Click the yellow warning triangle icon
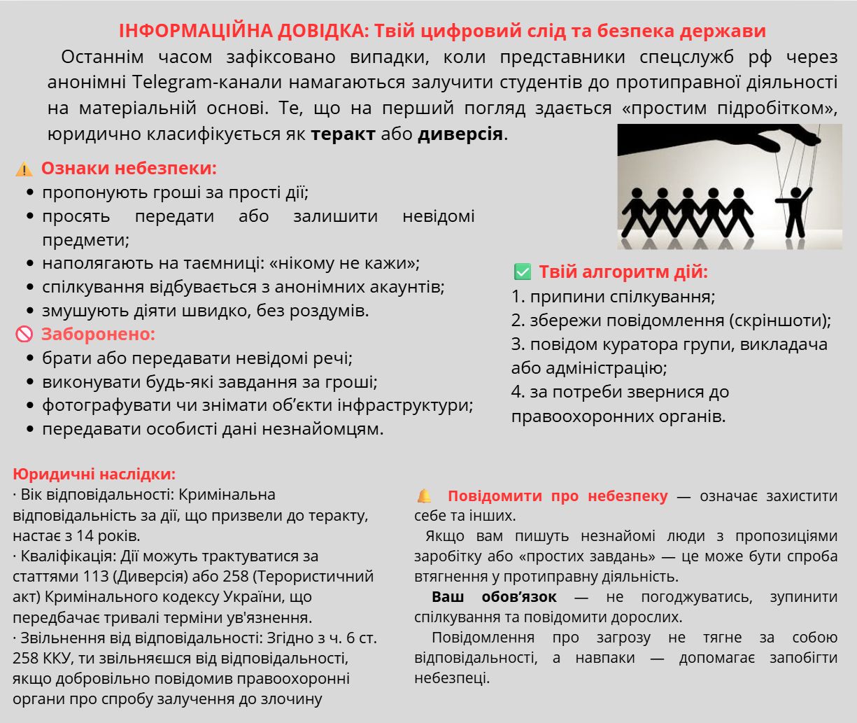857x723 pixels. (24, 169)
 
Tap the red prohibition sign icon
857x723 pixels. (24, 335)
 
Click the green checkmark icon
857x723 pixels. (522, 272)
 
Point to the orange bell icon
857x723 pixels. (424, 496)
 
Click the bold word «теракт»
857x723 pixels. (343, 134)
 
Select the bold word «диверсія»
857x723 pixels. (460, 134)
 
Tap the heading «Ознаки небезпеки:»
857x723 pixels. (129, 169)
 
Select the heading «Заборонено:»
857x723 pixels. (98, 334)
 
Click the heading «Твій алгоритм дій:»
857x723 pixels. (623, 272)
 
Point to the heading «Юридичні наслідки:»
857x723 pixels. (94, 474)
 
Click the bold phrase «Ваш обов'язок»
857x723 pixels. (494, 597)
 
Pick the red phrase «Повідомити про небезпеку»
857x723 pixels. (558, 496)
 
